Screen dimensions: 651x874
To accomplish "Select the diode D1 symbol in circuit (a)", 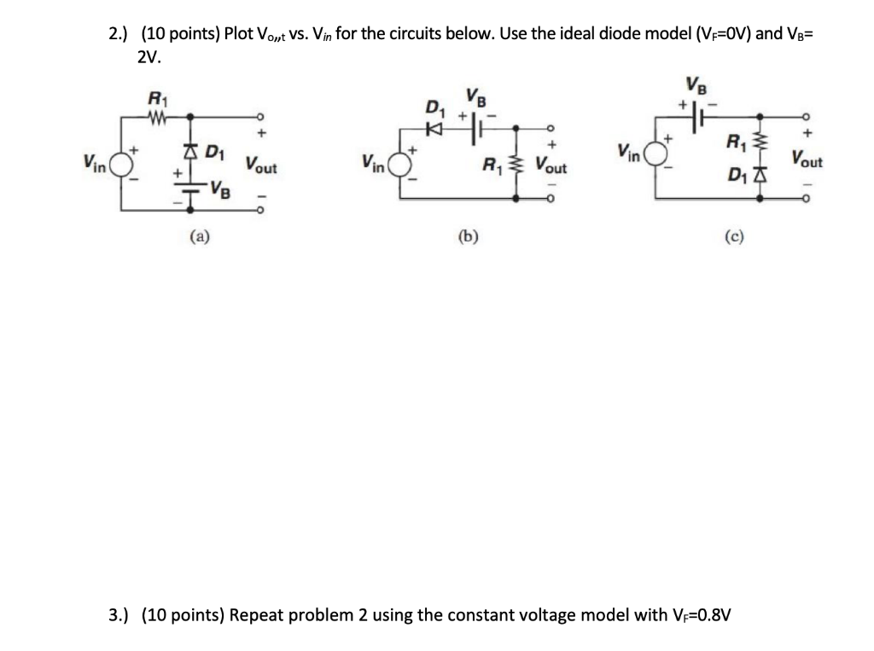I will click(189, 153).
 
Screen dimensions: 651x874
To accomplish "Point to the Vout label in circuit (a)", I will click(261, 164).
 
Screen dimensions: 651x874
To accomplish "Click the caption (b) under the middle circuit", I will click(468, 236).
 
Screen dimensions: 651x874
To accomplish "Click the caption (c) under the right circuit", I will click(733, 236).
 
